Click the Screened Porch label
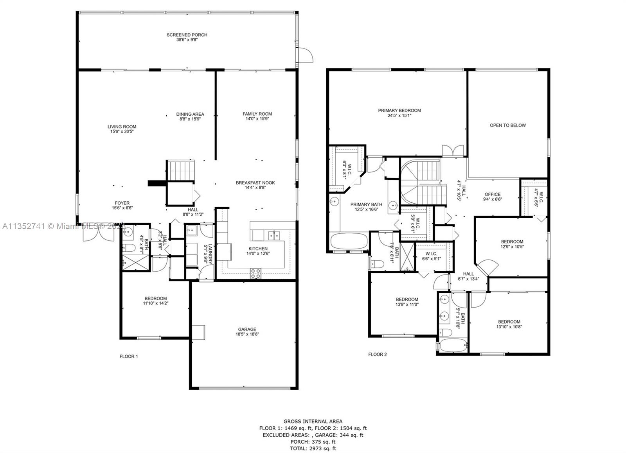pos(187,35)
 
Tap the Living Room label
pos(122,127)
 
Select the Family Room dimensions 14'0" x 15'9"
pos(257,118)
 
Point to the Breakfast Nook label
pos(255,183)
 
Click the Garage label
pos(247,329)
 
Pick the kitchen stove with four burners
pos(255,273)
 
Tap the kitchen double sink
pos(274,236)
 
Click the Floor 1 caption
pos(129,356)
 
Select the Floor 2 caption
pos(378,355)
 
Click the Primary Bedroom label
pos(399,111)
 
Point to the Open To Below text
pos(508,125)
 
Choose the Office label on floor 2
pos(493,194)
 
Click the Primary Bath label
pos(366,204)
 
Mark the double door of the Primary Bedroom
pos(453,151)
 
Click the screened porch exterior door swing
pos(306,55)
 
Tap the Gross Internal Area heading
pos(313,421)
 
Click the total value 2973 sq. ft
pos(322,449)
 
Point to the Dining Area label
pos(190,114)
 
